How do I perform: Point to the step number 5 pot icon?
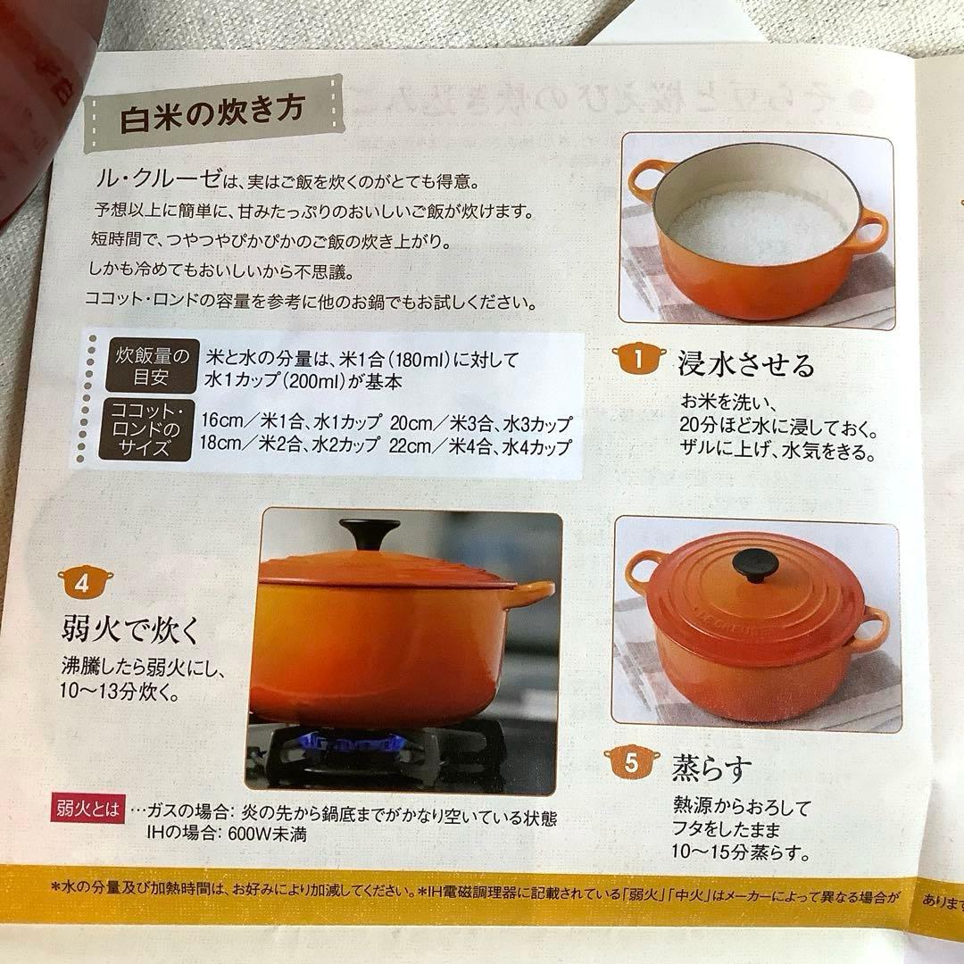point(631,763)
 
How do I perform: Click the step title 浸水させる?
point(746,364)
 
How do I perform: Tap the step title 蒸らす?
point(714,767)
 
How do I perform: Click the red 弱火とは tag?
point(88,812)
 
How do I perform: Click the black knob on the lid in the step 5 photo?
point(754,565)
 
